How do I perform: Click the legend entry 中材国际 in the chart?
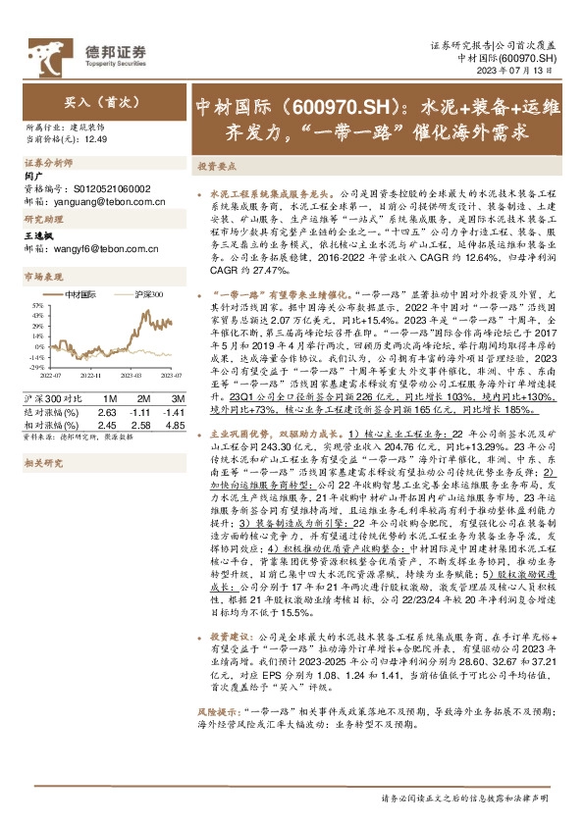[80, 294]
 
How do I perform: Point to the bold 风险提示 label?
[220, 734]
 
